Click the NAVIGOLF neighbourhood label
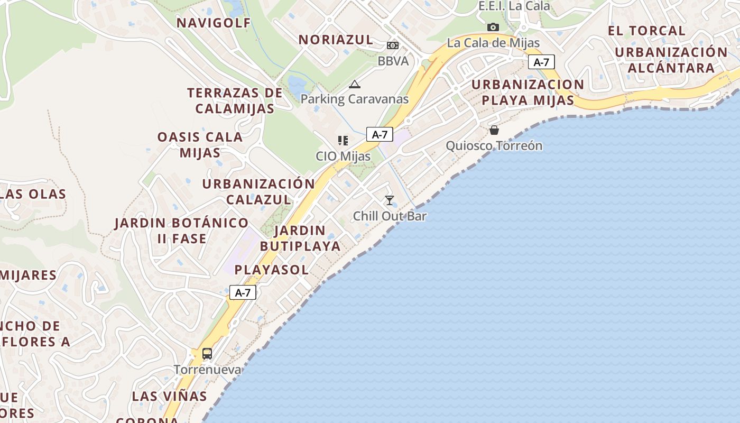click(x=214, y=23)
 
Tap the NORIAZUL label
click(x=336, y=40)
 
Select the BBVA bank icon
click(x=393, y=45)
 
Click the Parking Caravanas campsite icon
click(x=354, y=84)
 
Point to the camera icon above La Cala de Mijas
click(x=493, y=27)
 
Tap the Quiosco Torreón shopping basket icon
click(x=494, y=130)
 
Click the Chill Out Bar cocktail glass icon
click(x=390, y=200)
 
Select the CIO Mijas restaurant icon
click(x=343, y=141)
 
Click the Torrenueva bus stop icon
click(x=207, y=354)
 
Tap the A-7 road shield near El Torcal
click(x=541, y=62)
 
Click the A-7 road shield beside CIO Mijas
click(x=380, y=134)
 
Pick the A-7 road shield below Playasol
click(x=243, y=292)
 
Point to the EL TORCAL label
click(x=646, y=31)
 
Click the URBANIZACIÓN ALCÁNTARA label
click(x=671, y=60)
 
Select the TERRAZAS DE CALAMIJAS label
click(x=235, y=100)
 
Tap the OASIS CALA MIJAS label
click(x=200, y=144)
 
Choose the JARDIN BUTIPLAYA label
click(x=300, y=238)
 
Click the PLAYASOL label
click(x=272, y=270)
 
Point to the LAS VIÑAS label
click(x=169, y=396)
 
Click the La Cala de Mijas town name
click(x=493, y=43)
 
